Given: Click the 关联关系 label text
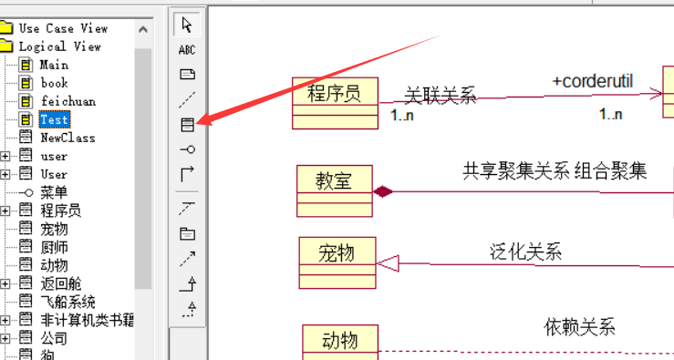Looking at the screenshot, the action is click(x=441, y=96).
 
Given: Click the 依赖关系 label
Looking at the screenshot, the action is click(x=580, y=326).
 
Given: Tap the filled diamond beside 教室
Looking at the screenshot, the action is click(x=383, y=191).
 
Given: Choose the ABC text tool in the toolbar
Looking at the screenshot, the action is click(x=187, y=49).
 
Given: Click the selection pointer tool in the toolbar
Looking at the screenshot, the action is click(x=187, y=25).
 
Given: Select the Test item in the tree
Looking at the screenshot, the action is click(x=54, y=119).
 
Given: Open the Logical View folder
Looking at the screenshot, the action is click(x=59, y=46).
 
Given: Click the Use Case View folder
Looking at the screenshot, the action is click(x=63, y=28).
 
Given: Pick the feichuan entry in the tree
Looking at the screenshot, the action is click(x=67, y=101).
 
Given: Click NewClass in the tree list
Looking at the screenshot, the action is click(x=67, y=138).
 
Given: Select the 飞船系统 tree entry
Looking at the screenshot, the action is click(x=67, y=302).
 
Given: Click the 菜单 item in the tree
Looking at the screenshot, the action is click(x=54, y=192).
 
